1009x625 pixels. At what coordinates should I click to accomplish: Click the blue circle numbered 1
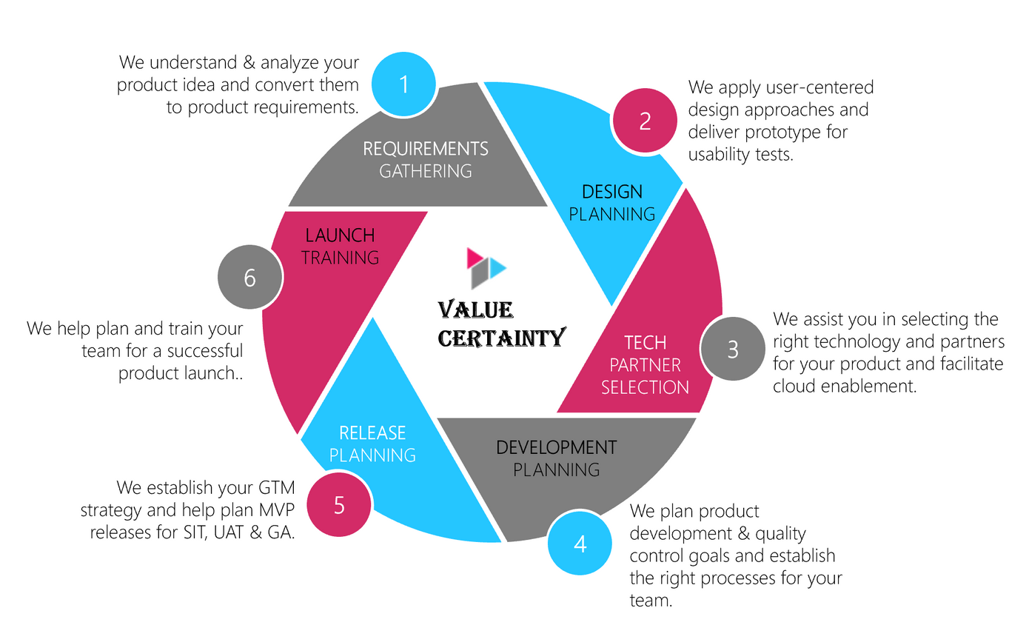pos(403,84)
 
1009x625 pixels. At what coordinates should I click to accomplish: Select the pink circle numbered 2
pos(645,121)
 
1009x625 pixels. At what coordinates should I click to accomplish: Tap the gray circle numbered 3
pos(732,350)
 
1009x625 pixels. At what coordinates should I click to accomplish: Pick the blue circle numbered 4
pos(580,544)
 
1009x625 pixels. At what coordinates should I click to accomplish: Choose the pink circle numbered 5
pos(339,505)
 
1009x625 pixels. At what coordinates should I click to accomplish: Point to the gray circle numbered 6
pos(250,278)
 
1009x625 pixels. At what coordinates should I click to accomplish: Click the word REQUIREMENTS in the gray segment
pos(426,148)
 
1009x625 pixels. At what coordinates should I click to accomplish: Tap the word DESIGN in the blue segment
pos(612,192)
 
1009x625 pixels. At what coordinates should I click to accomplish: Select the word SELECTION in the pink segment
pos(645,387)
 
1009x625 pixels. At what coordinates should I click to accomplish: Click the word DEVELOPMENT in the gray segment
pos(556,447)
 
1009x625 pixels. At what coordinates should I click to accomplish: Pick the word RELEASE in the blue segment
pos(372,432)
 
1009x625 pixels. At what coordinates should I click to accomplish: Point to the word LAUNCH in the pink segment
pos(340,235)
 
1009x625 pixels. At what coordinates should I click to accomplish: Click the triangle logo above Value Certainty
pos(485,267)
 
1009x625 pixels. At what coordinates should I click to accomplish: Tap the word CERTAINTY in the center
pos(501,338)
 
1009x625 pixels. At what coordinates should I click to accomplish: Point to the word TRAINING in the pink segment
pos(340,258)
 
